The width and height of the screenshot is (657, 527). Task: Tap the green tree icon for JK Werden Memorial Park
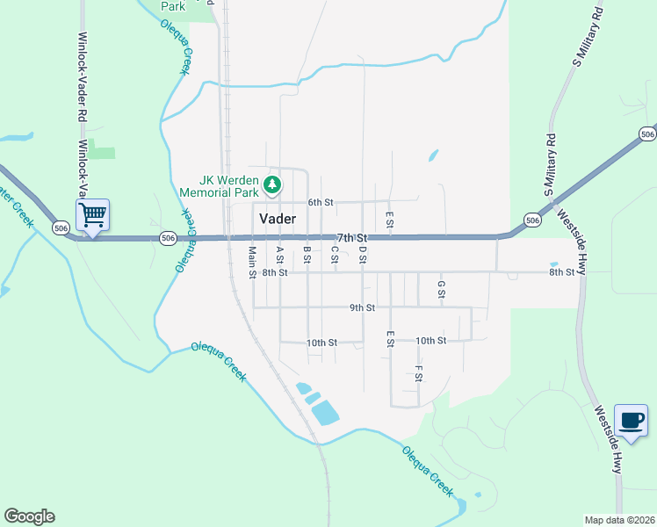pyautogui.click(x=273, y=184)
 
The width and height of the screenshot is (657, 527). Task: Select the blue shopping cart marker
pyautogui.click(x=92, y=213)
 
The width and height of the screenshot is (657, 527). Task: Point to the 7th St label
pyautogui.click(x=351, y=238)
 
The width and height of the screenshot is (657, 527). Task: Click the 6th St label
pyautogui.click(x=321, y=202)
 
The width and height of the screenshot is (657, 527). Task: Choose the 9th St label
pyautogui.click(x=362, y=308)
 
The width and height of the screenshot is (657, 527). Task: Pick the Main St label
pyautogui.click(x=252, y=262)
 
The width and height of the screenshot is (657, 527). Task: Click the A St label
pyautogui.click(x=279, y=255)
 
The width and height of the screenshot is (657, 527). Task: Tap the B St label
pyautogui.click(x=307, y=255)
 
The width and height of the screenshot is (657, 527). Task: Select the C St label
pyautogui.click(x=335, y=255)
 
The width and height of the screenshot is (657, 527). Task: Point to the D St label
pyautogui.click(x=362, y=255)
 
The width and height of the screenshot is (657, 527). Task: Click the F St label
pyautogui.click(x=419, y=373)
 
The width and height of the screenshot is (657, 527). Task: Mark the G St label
pyautogui.click(x=442, y=289)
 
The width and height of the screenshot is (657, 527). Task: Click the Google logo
pyautogui.click(x=29, y=516)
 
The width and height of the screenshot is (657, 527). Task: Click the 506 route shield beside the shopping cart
pyautogui.click(x=61, y=227)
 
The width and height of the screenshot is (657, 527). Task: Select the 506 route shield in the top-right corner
pyautogui.click(x=647, y=134)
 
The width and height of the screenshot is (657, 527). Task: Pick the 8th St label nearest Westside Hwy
pyautogui.click(x=562, y=272)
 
